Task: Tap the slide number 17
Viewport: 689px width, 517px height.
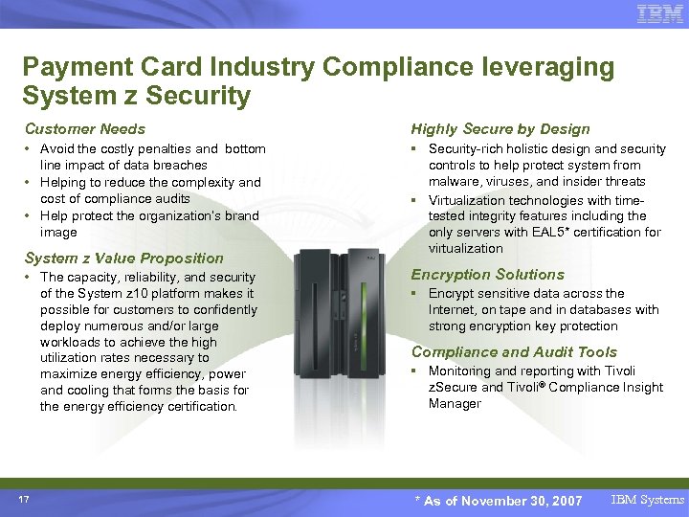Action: click(24, 498)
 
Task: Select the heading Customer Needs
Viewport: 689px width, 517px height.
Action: click(85, 128)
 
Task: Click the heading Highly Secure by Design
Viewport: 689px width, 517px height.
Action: click(500, 128)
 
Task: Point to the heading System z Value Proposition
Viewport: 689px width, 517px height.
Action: click(123, 258)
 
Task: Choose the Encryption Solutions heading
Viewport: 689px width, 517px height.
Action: click(488, 274)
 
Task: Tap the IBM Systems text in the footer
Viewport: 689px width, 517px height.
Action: click(649, 500)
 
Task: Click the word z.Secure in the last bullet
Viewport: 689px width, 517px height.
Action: click(453, 388)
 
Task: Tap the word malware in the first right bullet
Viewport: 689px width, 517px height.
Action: click(456, 182)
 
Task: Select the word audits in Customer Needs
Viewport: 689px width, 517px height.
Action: click(167, 199)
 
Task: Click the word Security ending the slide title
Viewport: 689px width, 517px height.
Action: click(204, 96)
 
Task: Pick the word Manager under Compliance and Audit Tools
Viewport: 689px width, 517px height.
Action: click(455, 404)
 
